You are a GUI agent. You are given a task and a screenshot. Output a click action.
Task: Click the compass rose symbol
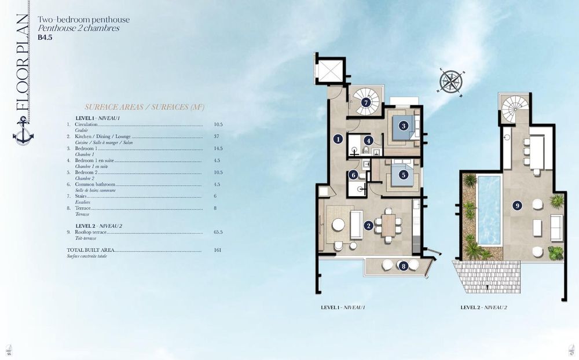point(452,81)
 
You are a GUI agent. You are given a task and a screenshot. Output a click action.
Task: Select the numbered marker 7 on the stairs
point(366,102)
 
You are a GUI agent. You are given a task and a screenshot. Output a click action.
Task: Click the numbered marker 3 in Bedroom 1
point(403,125)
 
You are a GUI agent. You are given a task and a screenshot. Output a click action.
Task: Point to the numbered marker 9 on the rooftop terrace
point(517,205)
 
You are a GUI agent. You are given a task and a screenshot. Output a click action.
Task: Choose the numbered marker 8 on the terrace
point(403,266)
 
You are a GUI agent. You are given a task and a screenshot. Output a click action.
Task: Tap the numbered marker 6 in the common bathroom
point(353,175)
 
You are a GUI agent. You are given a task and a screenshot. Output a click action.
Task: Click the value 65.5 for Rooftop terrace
point(218,232)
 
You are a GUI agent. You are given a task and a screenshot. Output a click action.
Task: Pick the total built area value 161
point(218,251)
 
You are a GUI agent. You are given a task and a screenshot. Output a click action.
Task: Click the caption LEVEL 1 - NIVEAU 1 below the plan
point(343,308)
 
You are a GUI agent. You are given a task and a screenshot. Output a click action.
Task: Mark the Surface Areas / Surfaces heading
point(144,107)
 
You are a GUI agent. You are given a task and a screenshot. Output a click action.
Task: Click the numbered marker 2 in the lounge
point(368,226)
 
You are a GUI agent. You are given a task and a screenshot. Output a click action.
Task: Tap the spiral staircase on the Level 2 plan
point(514,108)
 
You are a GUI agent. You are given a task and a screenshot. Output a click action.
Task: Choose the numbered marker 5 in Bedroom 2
point(403,174)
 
